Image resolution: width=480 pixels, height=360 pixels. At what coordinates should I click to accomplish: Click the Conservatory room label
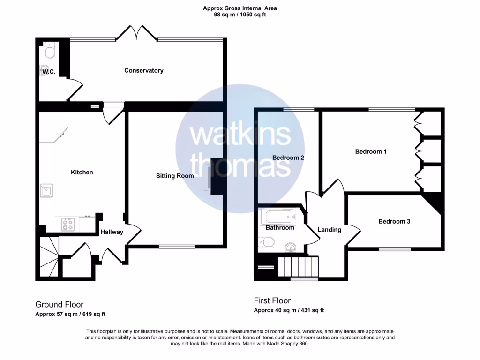(x=143, y=70)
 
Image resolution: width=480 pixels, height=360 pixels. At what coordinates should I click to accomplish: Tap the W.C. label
(x=49, y=72)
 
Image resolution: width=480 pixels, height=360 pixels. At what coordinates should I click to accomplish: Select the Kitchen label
(x=82, y=172)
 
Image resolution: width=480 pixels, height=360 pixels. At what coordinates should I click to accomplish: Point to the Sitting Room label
(x=175, y=176)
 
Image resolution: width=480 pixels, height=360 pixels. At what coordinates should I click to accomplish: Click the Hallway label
(x=112, y=232)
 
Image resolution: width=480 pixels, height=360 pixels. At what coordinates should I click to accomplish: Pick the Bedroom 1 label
(x=371, y=151)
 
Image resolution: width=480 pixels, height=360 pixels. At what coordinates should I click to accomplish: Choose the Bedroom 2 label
(x=288, y=158)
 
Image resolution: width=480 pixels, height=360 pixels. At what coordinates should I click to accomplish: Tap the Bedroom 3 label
(x=394, y=221)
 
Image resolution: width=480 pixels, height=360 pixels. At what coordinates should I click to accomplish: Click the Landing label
(x=330, y=230)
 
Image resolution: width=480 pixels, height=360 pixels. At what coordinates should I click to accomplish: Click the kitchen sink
(x=46, y=190)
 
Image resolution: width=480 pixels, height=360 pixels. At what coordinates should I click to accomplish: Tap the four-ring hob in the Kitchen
(x=67, y=225)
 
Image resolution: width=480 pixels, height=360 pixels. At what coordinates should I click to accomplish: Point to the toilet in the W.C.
(x=49, y=50)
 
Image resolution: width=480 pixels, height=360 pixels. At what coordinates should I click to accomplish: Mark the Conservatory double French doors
(x=136, y=33)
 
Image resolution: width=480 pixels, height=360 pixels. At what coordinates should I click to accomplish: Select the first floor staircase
(x=298, y=267)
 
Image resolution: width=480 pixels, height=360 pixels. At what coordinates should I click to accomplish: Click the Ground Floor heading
(x=59, y=304)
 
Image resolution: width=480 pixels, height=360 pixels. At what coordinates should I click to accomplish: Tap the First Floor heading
(x=272, y=300)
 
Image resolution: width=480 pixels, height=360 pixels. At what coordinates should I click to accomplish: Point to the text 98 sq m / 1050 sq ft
(x=240, y=15)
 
